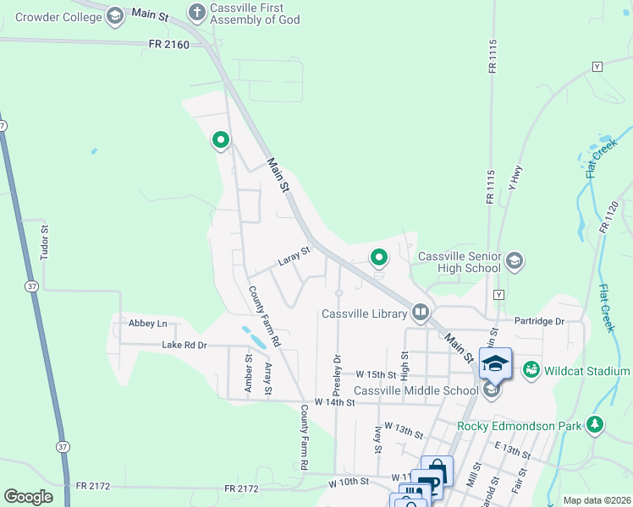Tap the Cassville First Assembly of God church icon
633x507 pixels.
tap(197, 12)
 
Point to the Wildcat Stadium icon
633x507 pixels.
tap(531, 370)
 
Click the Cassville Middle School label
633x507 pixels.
tap(416, 390)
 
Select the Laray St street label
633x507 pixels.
tap(294, 256)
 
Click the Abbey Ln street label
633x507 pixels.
tap(148, 324)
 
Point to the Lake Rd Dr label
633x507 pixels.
tap(184, 345)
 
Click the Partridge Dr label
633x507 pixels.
tap(539, 321)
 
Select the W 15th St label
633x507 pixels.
tap(376, 373)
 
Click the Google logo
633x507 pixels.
tap(29, 496)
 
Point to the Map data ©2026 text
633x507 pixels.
tap(597, 500)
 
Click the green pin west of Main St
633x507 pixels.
tap(221, 139)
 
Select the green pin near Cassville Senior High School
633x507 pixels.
tap(379, 256)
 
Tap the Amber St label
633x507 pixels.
tap(249, 371)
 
